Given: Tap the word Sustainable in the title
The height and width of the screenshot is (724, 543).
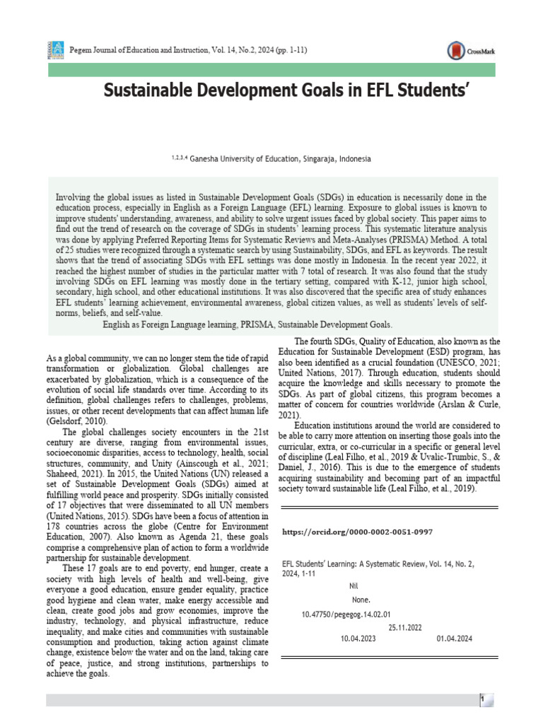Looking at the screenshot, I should coord(152,90).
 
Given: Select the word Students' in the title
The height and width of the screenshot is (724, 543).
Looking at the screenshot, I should coord(406,90).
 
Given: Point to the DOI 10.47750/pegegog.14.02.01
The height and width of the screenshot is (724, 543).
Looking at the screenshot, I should coord(346,614).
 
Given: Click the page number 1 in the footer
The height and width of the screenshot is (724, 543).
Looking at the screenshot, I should coord(481,700).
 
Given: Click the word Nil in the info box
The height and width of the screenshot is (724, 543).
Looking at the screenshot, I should coord(354,586).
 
